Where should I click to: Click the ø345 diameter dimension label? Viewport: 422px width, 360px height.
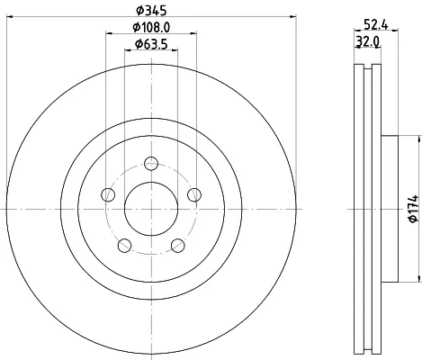tap(151, 11)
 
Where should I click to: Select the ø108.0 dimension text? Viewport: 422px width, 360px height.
tap(151, 28)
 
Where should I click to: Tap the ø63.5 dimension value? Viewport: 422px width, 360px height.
tap(151, 44)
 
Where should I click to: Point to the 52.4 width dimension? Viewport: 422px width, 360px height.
tap(376, 24)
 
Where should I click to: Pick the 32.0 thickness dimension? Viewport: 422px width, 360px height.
tap(367, 41)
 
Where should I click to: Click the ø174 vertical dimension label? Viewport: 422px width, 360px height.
tap(413, 209)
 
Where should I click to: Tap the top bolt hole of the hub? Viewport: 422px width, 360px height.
tap(151, 164)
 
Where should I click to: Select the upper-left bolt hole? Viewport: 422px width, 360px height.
tap(108, 195)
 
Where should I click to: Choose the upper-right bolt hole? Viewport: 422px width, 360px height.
tap(194, 194)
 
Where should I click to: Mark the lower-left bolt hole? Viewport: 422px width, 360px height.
tap(124, 246)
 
